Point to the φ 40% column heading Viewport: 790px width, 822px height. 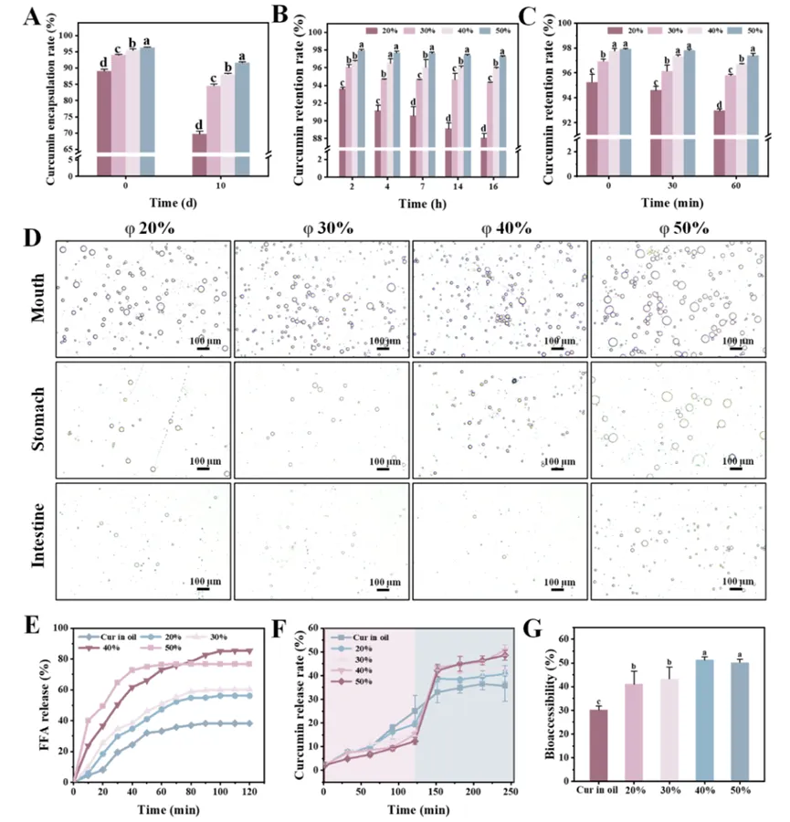[500, 227]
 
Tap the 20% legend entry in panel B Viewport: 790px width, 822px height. [377, 30]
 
